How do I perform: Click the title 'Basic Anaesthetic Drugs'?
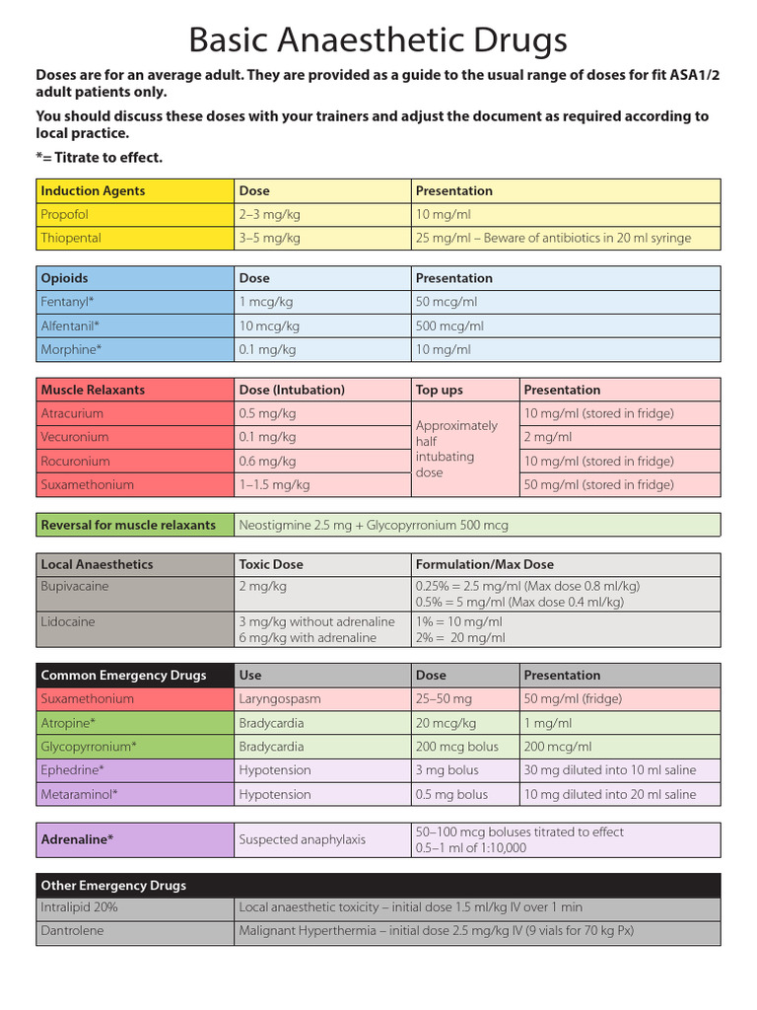click(378, 40)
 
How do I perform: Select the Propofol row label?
click(65, 214)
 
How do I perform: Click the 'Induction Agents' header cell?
click(93, 190)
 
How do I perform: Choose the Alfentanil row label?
click(70, 325)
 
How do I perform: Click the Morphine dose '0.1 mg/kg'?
click(267, 349)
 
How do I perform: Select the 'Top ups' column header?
click(440, 390)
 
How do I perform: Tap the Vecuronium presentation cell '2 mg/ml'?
click(547, 437)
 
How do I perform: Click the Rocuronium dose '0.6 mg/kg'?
click(267, 461)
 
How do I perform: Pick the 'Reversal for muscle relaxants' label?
click(128, 525)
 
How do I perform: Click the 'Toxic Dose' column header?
click(271, 564)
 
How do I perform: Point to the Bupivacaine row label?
click(75, 586)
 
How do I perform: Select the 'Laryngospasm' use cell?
click(281, 698)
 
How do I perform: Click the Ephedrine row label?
click(72, 770)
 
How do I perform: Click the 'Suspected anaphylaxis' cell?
click(302, 839)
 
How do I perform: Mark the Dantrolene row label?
click(72, 930)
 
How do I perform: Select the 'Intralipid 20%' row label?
click(79, 906)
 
